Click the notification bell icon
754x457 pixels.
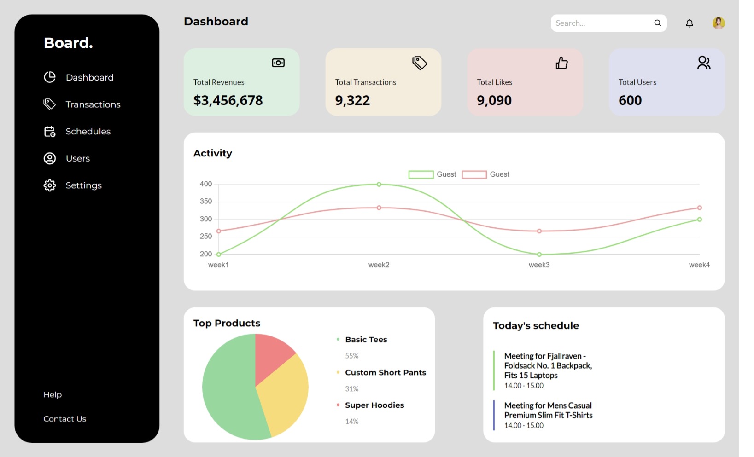(x=689, y=23)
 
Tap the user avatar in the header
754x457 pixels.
(x=718, y=23)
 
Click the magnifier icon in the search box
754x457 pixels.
(x=657, y=23)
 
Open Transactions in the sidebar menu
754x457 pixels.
(x=93, y=104)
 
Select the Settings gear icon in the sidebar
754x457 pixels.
(x=50, y=185)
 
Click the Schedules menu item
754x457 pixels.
(x=88, y=132)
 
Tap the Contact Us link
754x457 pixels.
(x=64, y=419)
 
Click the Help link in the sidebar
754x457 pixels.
(x=53, y=394)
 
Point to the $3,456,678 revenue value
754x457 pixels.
(x=228, y=100)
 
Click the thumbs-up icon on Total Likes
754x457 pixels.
(x=561, y=63)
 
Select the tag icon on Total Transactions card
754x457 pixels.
(x=420, y=63)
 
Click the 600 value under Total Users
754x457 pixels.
(x=630, y=100)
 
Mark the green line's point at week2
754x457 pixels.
(x=379, y=185)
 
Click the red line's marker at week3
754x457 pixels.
(x=539, y=231)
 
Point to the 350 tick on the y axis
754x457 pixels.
(x=206, y=201)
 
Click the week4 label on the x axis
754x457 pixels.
(x=699, y=265)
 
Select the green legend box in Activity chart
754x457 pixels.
(x=421, y=174)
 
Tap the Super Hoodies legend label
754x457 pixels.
(x=374, y=405)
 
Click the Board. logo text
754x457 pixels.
(x=68, y=43)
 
